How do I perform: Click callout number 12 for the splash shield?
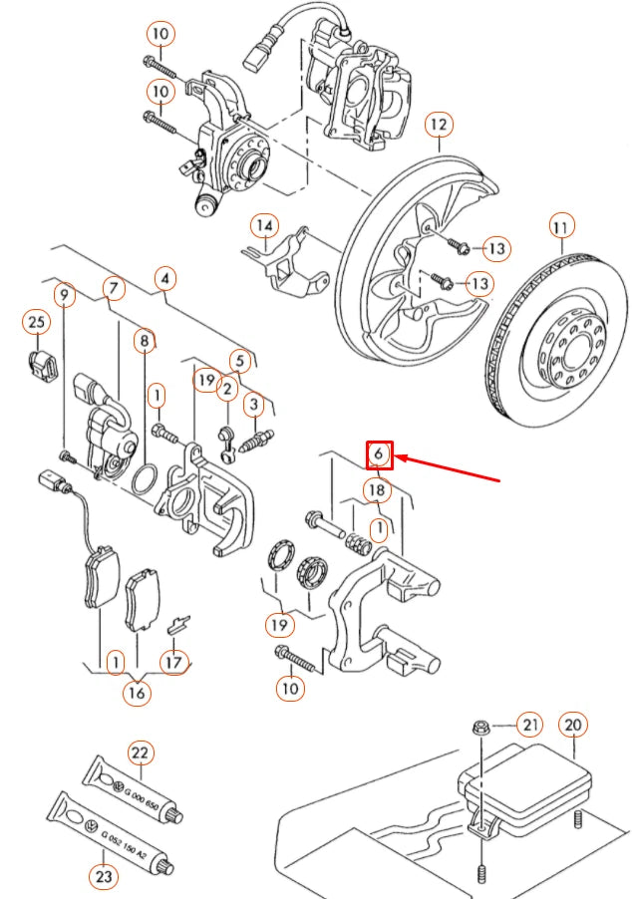click(x=439, y=125)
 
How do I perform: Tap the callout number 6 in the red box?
click(x=379, y=455)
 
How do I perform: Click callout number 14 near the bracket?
click(x=263, y=226)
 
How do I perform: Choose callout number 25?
click(x=36, y=322)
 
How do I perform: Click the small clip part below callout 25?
click(x=38, y=366)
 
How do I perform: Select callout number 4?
click(x=164, y=278)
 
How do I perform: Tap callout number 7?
click(x=114, y=289)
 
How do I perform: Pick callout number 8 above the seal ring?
click(x=146, y=340)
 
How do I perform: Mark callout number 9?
click(x=65, y=295)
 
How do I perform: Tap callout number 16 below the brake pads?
click(x=137, y=693)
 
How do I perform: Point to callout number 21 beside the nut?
click(x=528, y=725)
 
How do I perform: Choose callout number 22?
click(x=140, y=752)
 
